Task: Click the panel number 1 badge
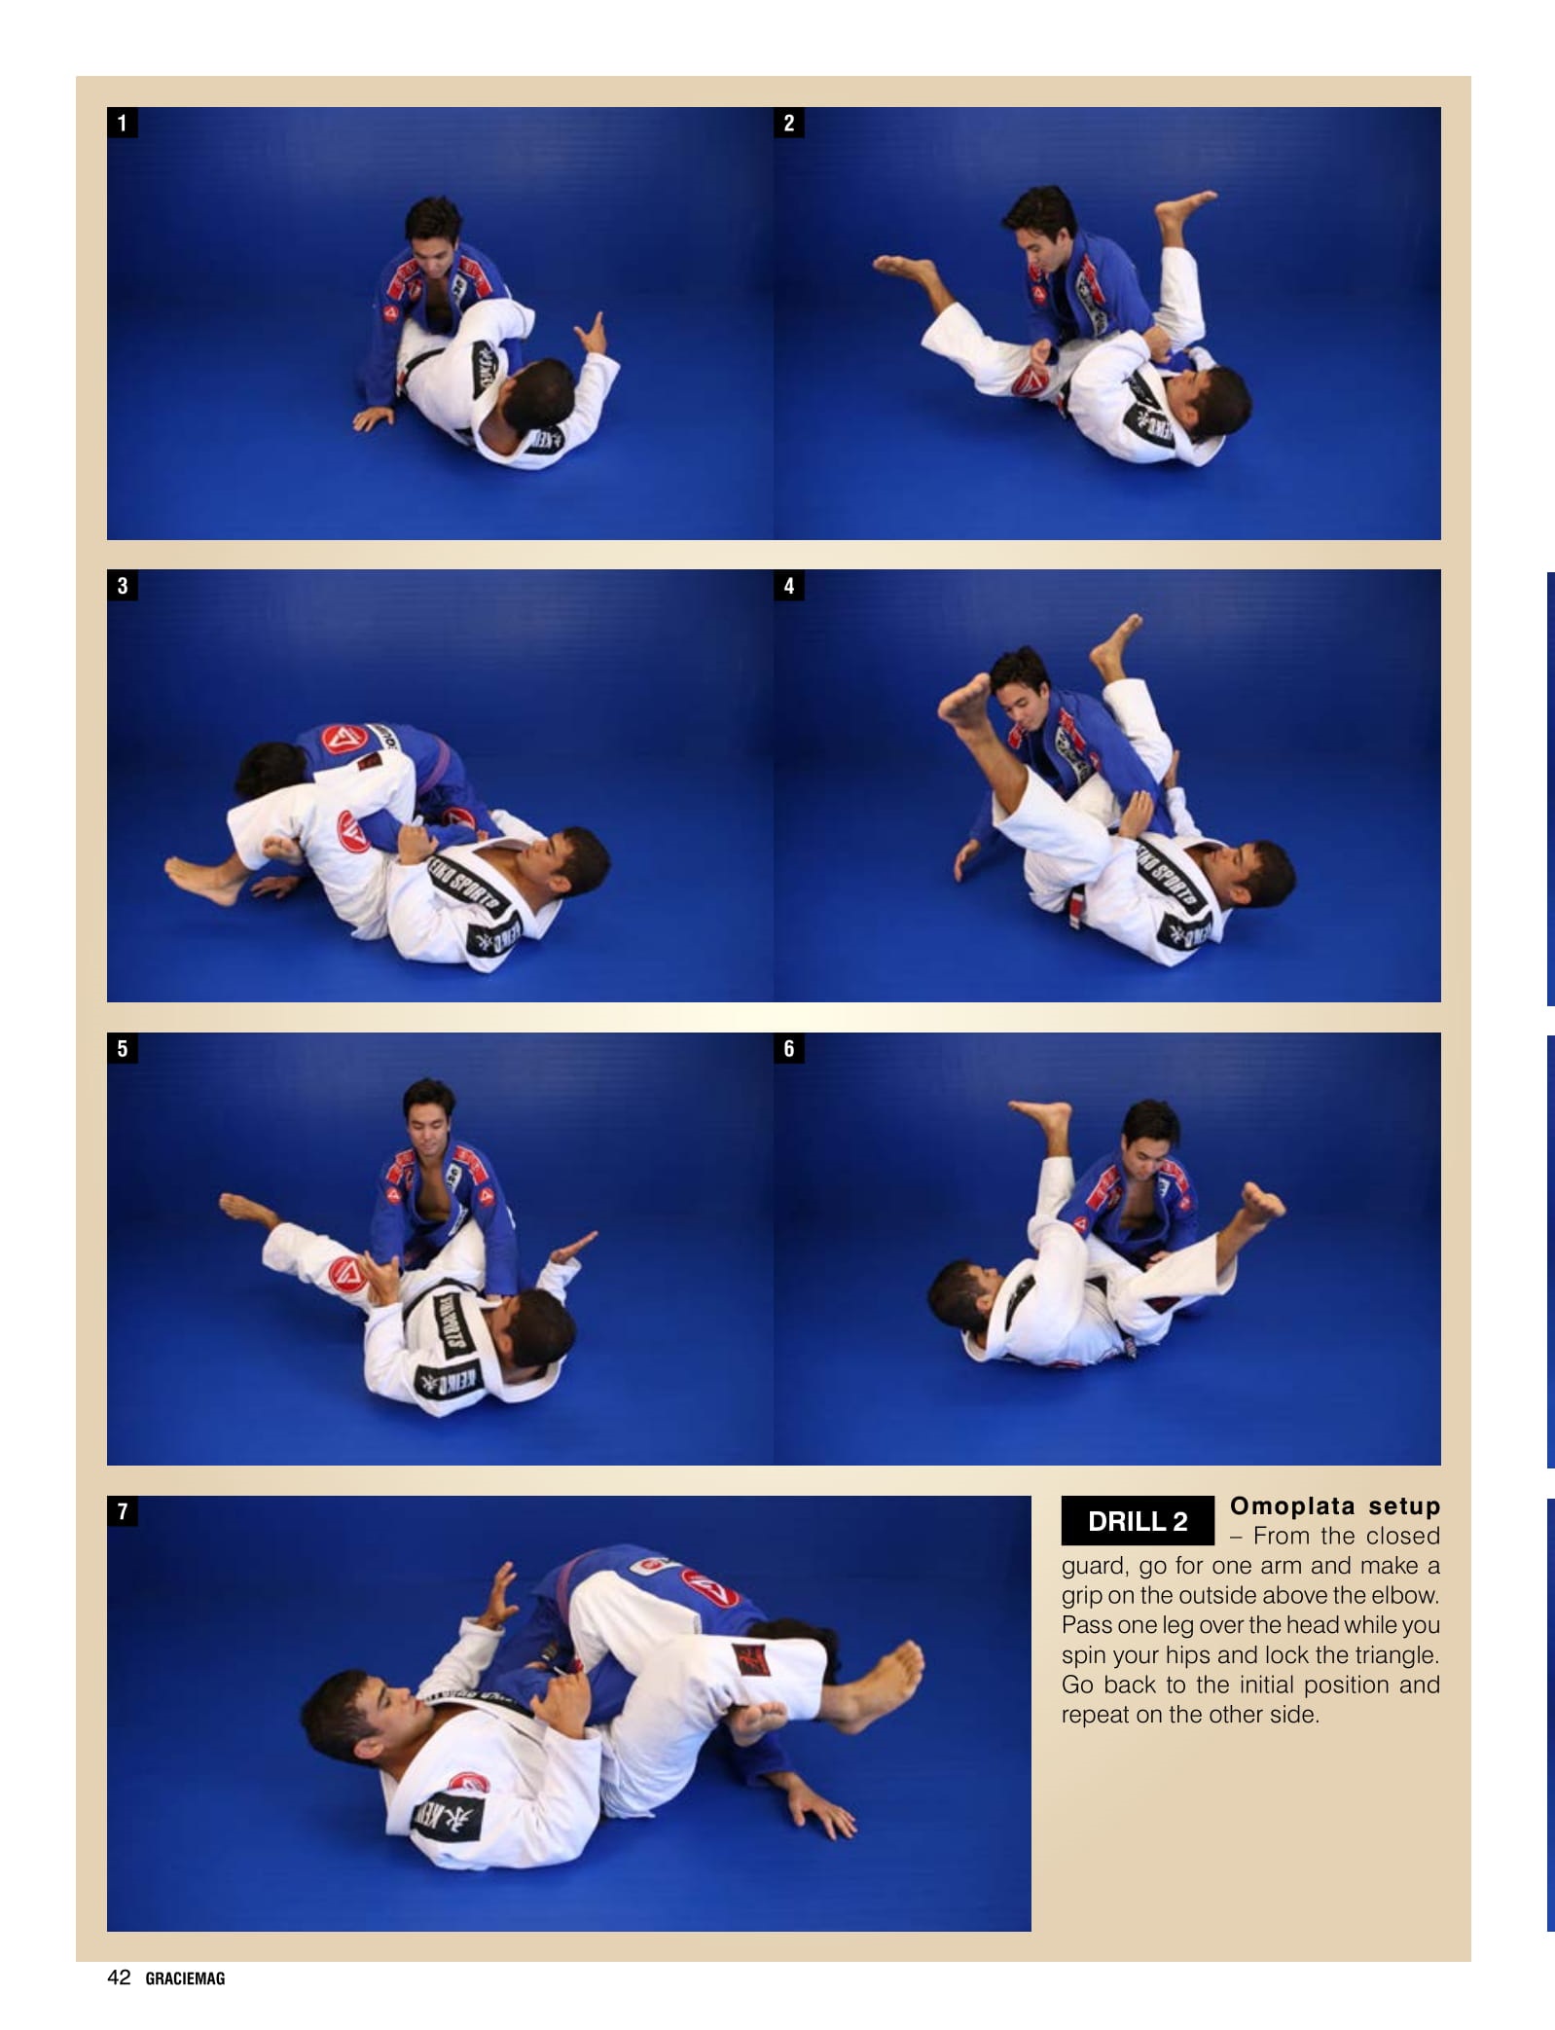coord(122,123)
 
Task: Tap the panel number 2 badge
coord(789,123)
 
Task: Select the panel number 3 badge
coord(122,586)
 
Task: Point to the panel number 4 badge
coord(789,586)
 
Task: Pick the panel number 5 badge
coord(122,1049)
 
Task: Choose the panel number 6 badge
coord(789,1049)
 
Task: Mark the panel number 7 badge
coord(122,1511)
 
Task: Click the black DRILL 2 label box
coord(1138,1521)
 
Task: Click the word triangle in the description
coord(1392,1655)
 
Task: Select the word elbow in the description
coord(1402,1595)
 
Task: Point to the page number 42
coord(119,1976)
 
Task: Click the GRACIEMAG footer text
coord(185,1978)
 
